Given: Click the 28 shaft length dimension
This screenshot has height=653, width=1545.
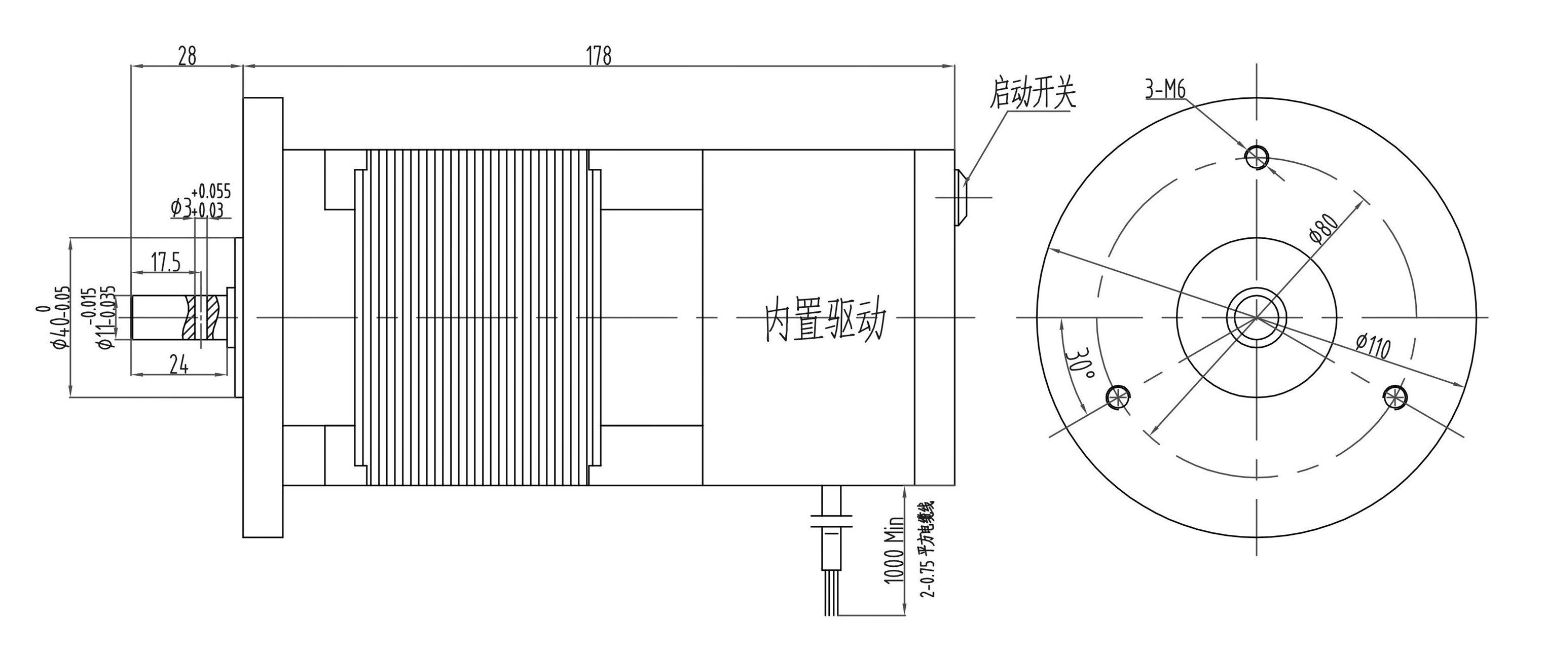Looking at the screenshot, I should click(x=187, y=56).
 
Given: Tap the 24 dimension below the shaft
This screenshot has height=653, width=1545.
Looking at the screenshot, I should click(x=178, y=364).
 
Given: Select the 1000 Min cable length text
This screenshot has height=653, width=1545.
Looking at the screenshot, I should click(x=894, y=549).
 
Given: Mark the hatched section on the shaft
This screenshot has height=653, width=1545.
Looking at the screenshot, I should click(x=203, y=317).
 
